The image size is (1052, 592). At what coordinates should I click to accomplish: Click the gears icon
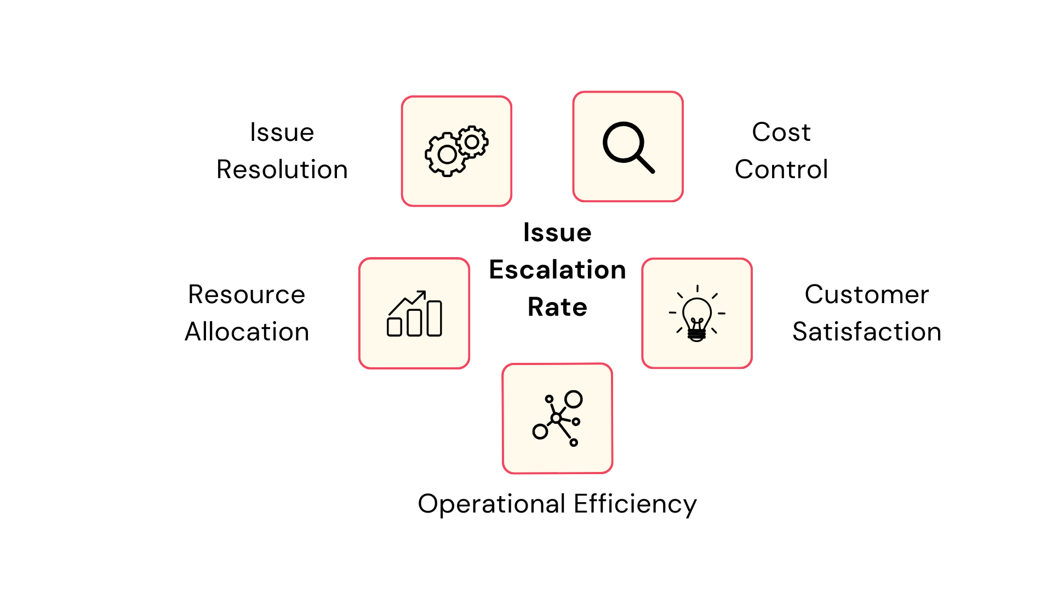point(456,151)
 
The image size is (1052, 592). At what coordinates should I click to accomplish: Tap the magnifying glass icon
point(628,146)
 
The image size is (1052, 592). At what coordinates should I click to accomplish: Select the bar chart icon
point(414,314)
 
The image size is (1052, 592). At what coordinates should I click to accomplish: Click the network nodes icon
point(557,418)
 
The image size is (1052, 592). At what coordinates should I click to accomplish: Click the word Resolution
point(282,169)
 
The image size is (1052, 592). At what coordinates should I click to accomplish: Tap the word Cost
point(781,132)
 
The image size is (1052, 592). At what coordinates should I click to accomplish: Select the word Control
point(781,169)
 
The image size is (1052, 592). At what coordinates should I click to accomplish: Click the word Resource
point(247,294)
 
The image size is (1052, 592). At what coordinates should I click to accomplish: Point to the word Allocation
point(247,332)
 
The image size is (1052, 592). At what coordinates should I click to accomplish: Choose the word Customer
point(867,294)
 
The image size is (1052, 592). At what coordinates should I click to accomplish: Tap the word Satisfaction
point(867,332)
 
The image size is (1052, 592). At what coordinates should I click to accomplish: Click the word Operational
point(491,504)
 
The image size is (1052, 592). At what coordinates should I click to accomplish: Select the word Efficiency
point(635,504)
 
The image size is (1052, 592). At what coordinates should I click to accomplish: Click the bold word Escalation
point(557,270)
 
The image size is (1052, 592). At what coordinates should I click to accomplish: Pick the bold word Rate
point(557,307)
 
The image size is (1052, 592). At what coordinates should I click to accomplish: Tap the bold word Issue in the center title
point(557,232)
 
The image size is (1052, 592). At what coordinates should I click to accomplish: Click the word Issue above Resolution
point(282,132)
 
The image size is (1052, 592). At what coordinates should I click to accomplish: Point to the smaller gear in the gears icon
point(472,142)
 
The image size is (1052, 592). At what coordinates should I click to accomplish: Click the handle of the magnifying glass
point(645,163)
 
